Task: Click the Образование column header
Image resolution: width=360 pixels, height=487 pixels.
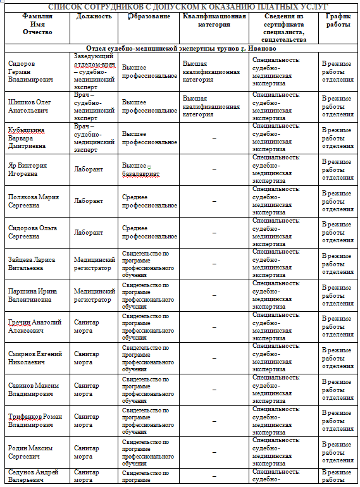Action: coord(149,15)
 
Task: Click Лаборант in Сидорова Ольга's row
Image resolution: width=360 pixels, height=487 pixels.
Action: coord(88,232)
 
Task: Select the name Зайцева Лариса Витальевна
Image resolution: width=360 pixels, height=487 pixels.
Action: coord(32,264)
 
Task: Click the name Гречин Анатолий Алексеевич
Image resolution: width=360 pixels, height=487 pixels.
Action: coord(34,326)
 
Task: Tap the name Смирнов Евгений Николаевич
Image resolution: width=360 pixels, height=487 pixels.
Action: coord(34,358)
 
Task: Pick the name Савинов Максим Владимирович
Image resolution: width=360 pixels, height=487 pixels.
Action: coord(34,389)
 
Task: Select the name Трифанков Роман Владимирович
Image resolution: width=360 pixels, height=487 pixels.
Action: coord(34,421)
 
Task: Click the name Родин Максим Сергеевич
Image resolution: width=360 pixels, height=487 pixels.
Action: coord(30,452)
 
